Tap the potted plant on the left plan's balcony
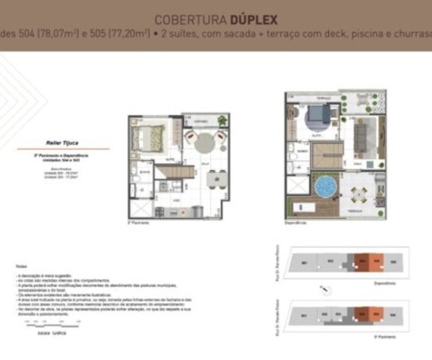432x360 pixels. click(222, 120)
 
